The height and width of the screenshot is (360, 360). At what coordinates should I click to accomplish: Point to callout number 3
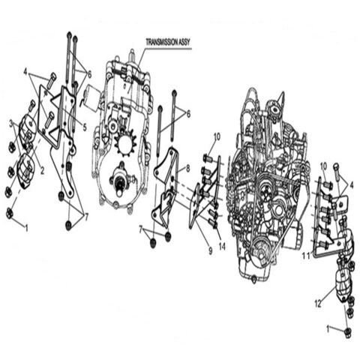point(11,123)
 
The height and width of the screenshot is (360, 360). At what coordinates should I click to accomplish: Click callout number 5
point(85,127)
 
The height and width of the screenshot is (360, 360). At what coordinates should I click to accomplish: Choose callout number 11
point(304,255)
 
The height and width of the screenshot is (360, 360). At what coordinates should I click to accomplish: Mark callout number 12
point(318,304)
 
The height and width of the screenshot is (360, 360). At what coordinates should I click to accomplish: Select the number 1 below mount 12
point(327,328)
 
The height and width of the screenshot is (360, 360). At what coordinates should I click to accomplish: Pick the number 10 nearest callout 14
point(217,136)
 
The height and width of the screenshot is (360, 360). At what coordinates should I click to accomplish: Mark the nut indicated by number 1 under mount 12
point(347,331)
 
